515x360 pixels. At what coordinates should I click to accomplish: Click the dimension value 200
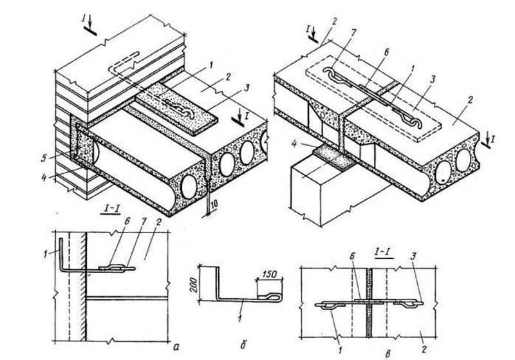click(x=194, y=285)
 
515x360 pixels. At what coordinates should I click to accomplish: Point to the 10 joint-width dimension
click(x=214, y=205)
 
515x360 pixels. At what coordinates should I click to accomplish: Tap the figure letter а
click(x=176, y=346)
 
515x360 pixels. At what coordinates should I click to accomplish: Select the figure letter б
click(x=243, y=345)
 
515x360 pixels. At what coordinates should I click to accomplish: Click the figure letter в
click(x=388, y=354)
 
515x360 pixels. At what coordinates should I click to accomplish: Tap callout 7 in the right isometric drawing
click(x=353, y=33)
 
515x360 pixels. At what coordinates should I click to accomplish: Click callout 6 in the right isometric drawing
click(x=386, y=53)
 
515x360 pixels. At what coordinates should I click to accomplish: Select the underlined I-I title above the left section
click(x=108, y=209)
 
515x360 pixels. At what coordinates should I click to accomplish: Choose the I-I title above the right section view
click(x=384, y=252)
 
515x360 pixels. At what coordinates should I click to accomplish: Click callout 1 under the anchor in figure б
click(x=239, y=318)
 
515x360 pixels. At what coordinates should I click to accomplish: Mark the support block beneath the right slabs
click(x=339, y=191)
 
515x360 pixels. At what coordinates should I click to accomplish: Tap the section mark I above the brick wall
click(x=84, y=19)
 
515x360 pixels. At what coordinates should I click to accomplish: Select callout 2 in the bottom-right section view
click(x=424, y=350)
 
